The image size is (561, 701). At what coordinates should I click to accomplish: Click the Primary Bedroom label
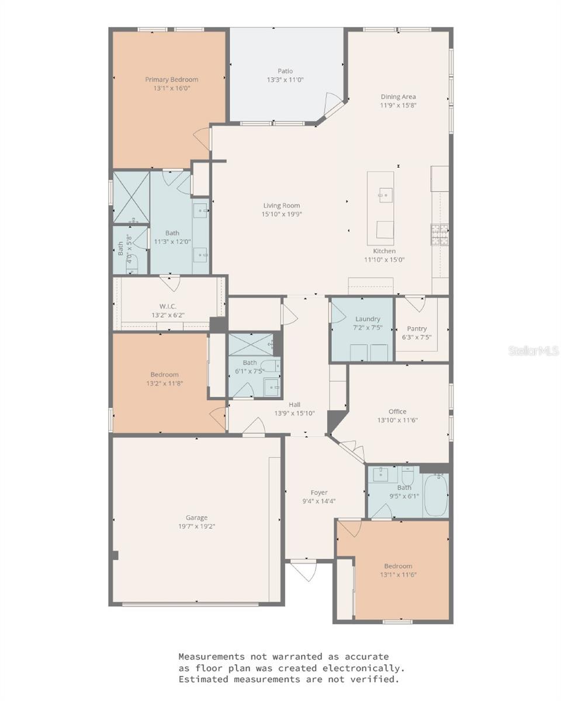coord(171,79)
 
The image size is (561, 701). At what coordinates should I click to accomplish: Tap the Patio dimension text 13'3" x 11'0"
coord(285,79)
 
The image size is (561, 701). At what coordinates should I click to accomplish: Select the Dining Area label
coord(398,97)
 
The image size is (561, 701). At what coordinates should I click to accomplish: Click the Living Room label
coord(282,206)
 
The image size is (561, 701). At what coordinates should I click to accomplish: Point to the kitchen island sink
coord(385,195)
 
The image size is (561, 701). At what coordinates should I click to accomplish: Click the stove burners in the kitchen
coord(439,234)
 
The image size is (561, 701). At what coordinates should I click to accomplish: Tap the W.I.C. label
coord(168,306)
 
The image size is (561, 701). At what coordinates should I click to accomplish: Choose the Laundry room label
coord(368,319)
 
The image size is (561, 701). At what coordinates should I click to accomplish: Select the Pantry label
coord(417,329)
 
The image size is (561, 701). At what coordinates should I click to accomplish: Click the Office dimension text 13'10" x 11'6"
coord(397,420)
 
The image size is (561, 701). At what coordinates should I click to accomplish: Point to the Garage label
coord(196,518)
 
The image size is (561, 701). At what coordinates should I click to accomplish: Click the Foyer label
coord(319,492)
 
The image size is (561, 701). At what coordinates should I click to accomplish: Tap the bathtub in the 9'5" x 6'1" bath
coord(436,495)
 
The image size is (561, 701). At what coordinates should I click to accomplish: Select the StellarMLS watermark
coord(534,351)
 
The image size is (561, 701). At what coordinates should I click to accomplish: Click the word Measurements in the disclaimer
coord(211,657)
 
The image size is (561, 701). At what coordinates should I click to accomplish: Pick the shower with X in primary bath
coord(131,197)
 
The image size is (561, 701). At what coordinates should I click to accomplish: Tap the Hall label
coord(295,405)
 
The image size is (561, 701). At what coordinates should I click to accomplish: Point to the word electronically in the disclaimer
coord(363,668)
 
